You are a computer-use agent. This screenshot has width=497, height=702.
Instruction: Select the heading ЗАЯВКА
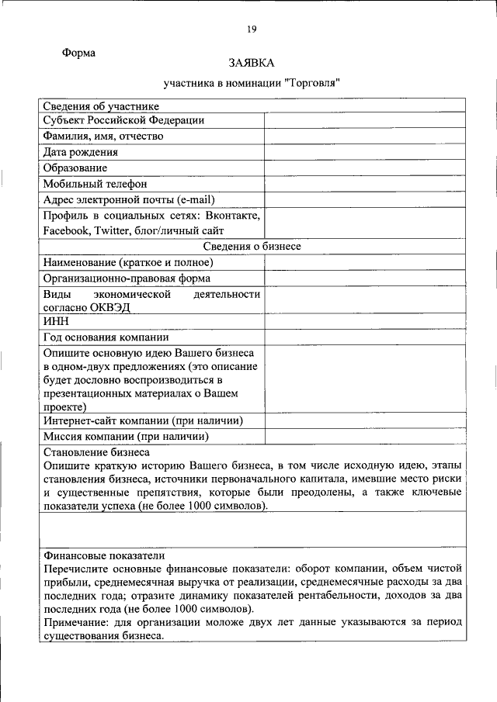point(252,62)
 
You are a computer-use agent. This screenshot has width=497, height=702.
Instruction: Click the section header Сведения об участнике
point(101,106)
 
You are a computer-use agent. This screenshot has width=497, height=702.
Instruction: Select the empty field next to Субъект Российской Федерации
point(364,121)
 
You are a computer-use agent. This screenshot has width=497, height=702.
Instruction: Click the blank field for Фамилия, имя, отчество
point(364,137)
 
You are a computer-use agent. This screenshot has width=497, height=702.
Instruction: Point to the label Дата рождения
point(81,152)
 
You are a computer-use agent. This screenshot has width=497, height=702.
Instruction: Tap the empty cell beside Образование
point(364,168)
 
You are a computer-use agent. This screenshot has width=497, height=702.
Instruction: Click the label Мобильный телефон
point(95,184)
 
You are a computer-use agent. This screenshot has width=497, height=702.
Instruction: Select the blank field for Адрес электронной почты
point(364,199)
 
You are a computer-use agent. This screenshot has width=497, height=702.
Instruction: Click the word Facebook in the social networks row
point(67,230)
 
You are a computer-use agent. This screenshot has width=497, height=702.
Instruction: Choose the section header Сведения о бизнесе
point(252,246)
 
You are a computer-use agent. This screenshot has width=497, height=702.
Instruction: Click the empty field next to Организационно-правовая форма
point(364,278)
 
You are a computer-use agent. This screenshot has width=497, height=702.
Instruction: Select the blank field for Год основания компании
point(364,338)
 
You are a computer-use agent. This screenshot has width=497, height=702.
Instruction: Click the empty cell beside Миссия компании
point(364,437)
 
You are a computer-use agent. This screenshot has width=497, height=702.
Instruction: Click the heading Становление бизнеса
point(96,451)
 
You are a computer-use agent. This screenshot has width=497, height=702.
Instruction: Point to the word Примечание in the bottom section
point(79,623)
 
